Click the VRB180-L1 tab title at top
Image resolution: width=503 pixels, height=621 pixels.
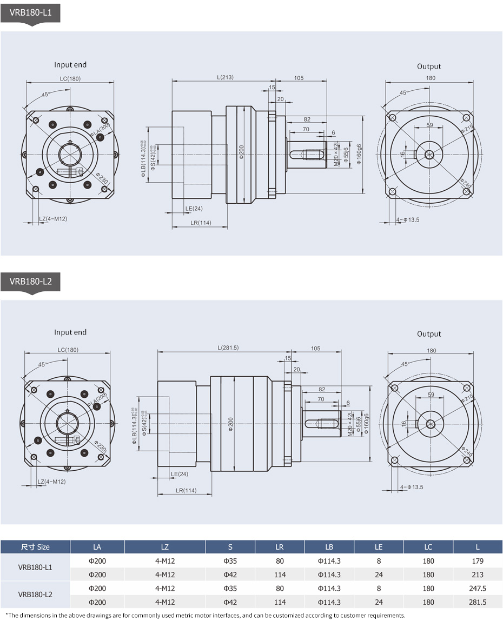pyautogui.click(x=30, y=12)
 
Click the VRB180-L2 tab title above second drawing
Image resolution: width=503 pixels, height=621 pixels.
pyautogui.click(x=30, y=281)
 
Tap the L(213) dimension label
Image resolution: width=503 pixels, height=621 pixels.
pyautogui.click(x=225, y=77)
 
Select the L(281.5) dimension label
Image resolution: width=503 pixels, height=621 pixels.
pyautogui.click(x=228, y=348)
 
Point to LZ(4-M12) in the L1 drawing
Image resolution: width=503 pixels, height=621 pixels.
pyautogui.click(x=53, y=219)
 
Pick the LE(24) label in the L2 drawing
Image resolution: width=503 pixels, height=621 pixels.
pyautogui.click(x=180, y=474)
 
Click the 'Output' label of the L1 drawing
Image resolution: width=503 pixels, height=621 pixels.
pyautogui.click(x=429, y=66)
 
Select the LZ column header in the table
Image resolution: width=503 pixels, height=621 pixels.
pyautogui.click(x=165, y=547)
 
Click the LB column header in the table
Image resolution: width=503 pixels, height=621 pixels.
pyautogui.click(x=329, y=547)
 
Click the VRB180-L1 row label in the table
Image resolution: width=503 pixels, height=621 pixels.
pyautogui.click(x=35, y=567)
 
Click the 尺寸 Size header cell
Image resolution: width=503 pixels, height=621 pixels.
pyautogui.click(x=35, y=547)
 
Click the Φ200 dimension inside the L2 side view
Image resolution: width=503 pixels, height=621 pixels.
pyautogui.click(x=231, y=424)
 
